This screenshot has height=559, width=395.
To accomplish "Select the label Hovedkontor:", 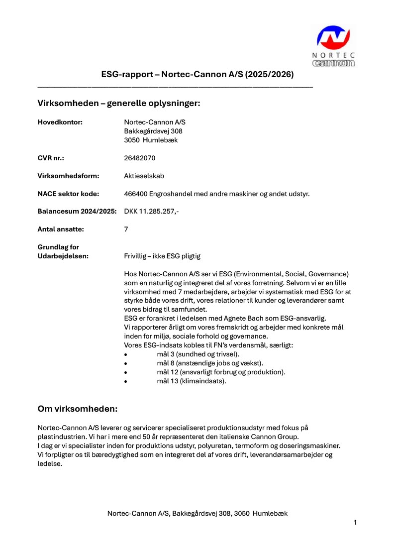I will pos(60,122).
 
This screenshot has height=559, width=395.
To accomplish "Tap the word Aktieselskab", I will pos(144,176).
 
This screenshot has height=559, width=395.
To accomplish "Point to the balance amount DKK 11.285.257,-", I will pos(151,212).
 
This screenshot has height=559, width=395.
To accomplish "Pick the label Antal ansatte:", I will pos(61,229).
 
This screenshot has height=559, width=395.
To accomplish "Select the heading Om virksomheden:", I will pos(78,409).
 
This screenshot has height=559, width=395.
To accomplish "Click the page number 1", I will pos(355,522).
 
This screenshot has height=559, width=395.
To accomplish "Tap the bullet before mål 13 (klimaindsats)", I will pos(126,381).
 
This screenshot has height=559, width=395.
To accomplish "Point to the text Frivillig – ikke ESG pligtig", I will pos(162,256).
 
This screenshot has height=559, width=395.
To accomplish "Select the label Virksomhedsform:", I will pos(69,176).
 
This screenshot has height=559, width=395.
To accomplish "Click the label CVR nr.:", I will pos(51,158).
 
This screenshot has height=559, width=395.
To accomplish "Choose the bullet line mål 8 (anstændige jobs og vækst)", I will pos(210,363).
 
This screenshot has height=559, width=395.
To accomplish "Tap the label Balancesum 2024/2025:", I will pos(77,212).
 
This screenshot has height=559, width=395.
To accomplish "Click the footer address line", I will pos(197,513).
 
